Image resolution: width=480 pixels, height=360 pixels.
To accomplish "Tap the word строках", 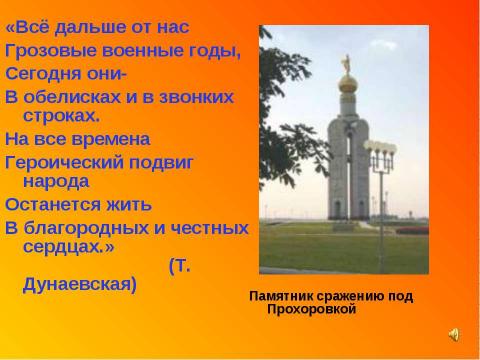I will click(x=57, y=116).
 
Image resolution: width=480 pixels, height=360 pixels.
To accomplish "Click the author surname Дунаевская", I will click(x=78, y=284).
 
